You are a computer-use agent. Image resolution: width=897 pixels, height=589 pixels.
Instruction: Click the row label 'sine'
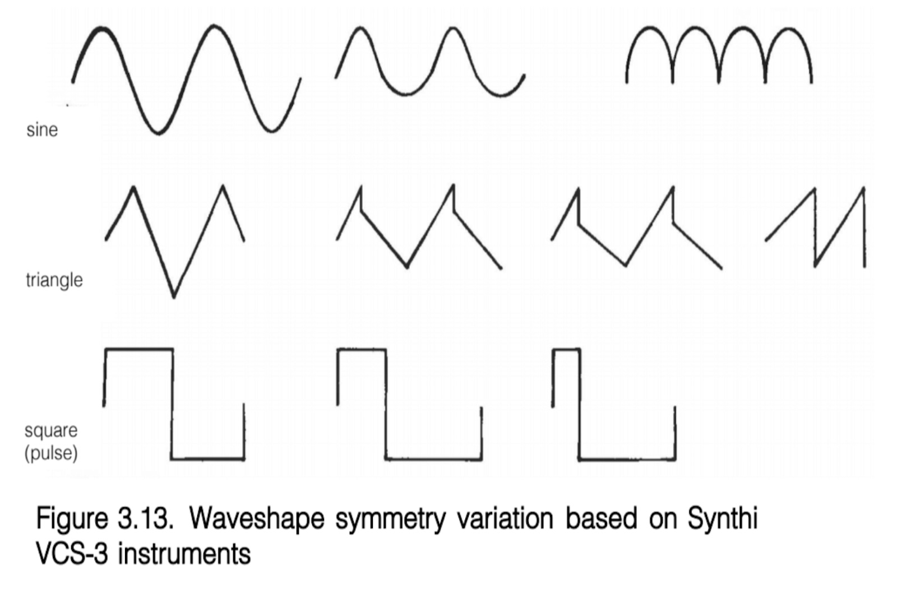(x=42, y=130)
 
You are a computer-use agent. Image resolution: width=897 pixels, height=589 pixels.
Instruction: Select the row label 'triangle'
(x=54, y=280)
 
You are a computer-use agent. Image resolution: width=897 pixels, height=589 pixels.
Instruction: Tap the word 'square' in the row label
(x=51, y=430)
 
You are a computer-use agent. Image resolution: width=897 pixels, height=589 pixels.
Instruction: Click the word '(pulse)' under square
(x=50, y=452)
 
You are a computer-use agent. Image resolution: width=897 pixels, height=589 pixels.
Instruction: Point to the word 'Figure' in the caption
(x=72, y=518)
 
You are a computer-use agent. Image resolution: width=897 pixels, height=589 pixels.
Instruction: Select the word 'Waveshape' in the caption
(x=257, y=518)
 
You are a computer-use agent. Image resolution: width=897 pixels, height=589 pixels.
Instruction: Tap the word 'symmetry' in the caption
(x=390, y=518)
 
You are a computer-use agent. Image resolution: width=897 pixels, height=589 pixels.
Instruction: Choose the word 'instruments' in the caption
(x=184, y=554)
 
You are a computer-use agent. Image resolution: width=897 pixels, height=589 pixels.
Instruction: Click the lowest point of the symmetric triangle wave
(x=173, y=296)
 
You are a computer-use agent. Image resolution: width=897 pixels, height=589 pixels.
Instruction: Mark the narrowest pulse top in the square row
(x=566, y=350)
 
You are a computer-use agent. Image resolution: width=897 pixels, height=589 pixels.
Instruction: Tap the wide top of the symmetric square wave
(x=138, y=350)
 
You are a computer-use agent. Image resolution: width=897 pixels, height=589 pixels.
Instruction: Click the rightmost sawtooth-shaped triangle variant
(x=816, y=227)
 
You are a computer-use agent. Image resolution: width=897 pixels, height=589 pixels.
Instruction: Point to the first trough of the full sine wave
(x=159, y=133)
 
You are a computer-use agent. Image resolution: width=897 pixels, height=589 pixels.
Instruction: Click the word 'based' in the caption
(x=601, y=518)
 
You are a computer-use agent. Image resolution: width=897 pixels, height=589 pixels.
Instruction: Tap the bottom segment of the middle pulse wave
(x=433, y=460)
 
